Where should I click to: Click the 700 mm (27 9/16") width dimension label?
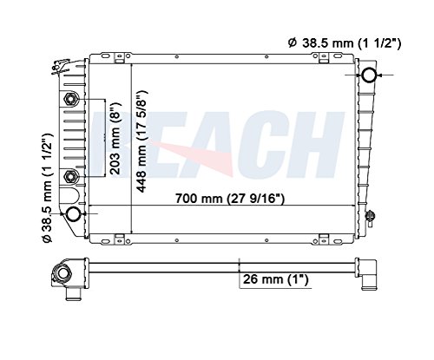click(230, 199)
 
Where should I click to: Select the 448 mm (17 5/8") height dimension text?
click(142, 141)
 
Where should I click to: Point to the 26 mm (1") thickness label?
click(276, 279)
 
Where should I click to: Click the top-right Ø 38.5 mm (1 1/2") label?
click(345, 43)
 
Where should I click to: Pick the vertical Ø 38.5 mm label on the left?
click(46, 187)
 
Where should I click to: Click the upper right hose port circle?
click(370, 75)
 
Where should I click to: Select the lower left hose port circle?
click(73, 213)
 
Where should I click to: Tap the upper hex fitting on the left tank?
click(70, 100)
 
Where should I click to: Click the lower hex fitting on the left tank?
click(70, 176)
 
